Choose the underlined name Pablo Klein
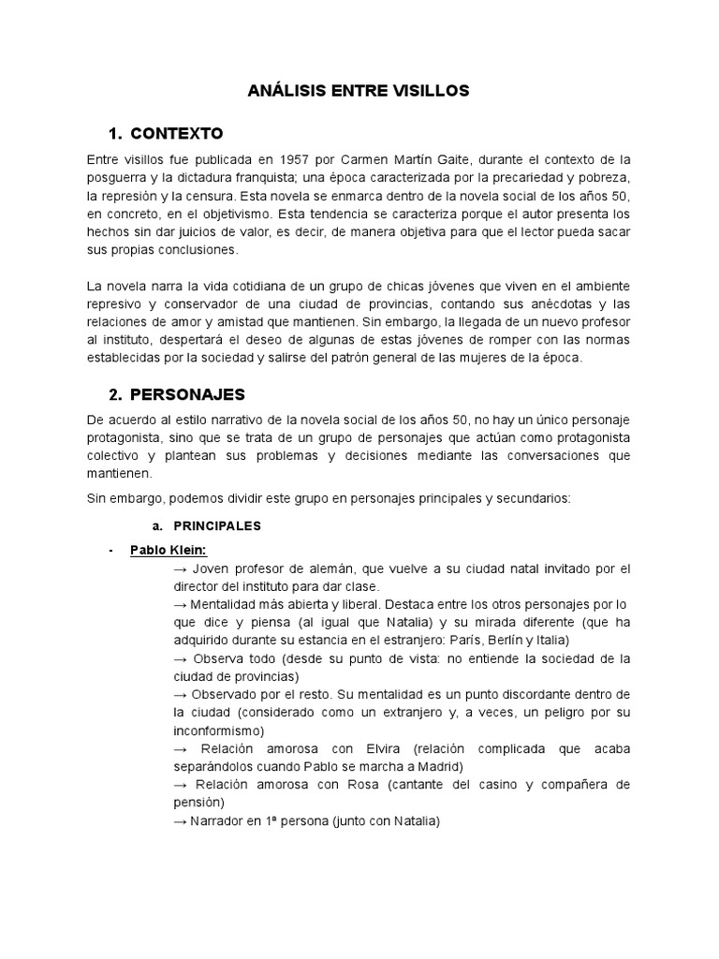click(x=169, y=550)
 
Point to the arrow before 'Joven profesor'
click(x=181, y=568)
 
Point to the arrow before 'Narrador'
click(x=181, y=821)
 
